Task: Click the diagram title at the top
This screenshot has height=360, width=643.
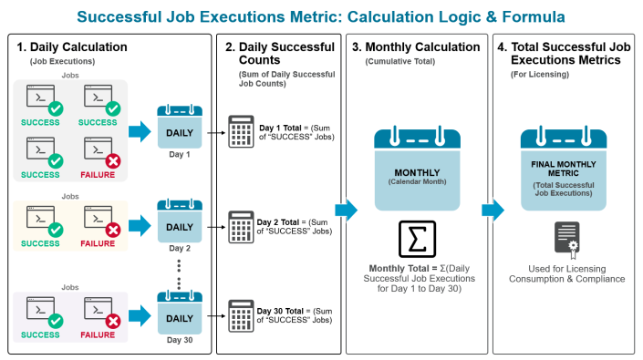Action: coord(321,16)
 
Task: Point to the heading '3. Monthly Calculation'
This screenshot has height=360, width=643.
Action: coord(416,46)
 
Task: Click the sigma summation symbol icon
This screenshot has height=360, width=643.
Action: coord(415,238)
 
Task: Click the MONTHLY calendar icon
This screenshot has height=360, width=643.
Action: coord(416,170)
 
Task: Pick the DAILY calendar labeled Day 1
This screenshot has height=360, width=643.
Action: coord(179,129)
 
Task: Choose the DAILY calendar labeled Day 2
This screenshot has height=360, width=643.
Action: coord(179,223)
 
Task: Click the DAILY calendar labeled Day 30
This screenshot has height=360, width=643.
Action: coord(179,314)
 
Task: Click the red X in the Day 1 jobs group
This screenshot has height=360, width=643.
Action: coord(113,160)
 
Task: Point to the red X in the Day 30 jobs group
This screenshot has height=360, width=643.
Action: coord(113,321)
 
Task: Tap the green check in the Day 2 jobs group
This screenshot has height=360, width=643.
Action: coord(56,231)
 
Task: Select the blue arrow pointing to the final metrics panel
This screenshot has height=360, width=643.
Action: coord(493,211)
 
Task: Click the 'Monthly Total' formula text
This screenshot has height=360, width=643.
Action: coord(415,278)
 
